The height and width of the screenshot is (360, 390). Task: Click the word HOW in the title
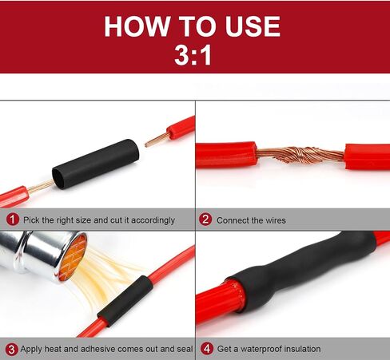(136, 26)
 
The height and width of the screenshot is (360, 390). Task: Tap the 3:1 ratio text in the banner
(193, 55)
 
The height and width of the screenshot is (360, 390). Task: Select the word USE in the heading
(253, 26)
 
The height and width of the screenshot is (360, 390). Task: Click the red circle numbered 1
(13, 220)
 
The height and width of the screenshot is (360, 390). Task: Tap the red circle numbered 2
(205, 220)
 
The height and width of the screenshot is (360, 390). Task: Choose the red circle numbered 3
(11, 349)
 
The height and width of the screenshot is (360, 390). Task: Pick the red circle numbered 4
(207, 349)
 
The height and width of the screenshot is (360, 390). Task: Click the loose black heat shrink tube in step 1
(96, 164)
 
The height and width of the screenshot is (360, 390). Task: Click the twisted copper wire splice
(300, 155)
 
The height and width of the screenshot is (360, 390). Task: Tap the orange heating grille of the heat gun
(73, 257)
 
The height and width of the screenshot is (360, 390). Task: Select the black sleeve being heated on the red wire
(125, 301)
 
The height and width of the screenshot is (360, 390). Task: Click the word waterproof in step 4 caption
(261, 349)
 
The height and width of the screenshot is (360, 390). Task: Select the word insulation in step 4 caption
(302, 349)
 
